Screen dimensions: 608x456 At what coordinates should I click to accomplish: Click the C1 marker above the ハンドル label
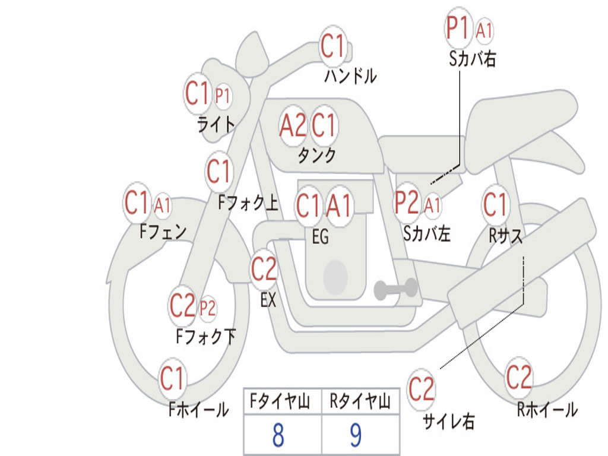point(332,46)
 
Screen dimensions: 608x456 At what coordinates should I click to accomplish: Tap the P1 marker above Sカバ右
point(458,28)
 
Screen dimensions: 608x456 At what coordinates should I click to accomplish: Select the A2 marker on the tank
point(293,126)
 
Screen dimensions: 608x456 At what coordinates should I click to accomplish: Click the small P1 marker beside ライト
point(223,95)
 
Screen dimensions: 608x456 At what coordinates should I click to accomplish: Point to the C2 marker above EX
point(264,269)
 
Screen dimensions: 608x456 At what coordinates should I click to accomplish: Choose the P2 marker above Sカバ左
point(407,202)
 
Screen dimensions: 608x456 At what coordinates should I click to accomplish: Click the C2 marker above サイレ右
point(421,389)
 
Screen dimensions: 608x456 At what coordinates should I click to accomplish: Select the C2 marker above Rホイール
point(519,377)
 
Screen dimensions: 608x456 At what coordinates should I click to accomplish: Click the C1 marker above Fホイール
point(172,378)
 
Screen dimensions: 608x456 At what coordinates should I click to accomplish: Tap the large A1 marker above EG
point(339,205)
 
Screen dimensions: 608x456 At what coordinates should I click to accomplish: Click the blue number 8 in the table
point(278,435)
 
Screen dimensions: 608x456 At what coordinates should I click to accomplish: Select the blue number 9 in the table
point(356,435)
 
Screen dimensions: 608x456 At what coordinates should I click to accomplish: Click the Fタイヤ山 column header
point(280,401)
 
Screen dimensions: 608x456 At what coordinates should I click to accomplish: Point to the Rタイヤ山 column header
point(360,401)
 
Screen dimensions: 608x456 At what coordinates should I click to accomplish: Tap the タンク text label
point(316,155)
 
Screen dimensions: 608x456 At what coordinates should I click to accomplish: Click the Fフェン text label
point(163,232)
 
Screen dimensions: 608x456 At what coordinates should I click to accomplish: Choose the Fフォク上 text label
point(248,202)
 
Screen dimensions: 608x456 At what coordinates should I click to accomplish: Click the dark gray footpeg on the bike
point(396,289)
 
